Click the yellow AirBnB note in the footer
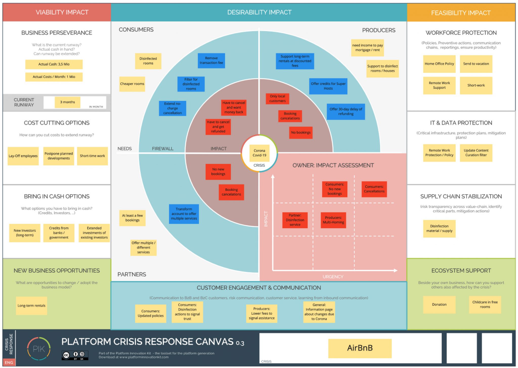coord(360,348)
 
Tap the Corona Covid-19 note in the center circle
coord(259,153)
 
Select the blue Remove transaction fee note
coord(211,60)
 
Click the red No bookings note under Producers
coord(300,133)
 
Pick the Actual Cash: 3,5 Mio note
coord(54,64)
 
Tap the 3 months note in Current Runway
coord(68,102)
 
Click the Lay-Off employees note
coord(23,156)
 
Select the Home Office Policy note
coord(439,64)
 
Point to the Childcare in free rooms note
coord(485,305)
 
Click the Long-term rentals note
coord(31,306)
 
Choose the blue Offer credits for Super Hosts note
coord(328,86)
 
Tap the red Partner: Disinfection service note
coord(295,220)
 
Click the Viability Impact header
coord(62,12)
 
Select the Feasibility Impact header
coord(461,13)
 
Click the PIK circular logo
coord(39,349)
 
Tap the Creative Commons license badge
coord(75,355)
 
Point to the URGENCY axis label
coord(333,277)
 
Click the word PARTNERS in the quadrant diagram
coord(132,274)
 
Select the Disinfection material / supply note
coord(439,229)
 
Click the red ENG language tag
coord(9,362)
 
